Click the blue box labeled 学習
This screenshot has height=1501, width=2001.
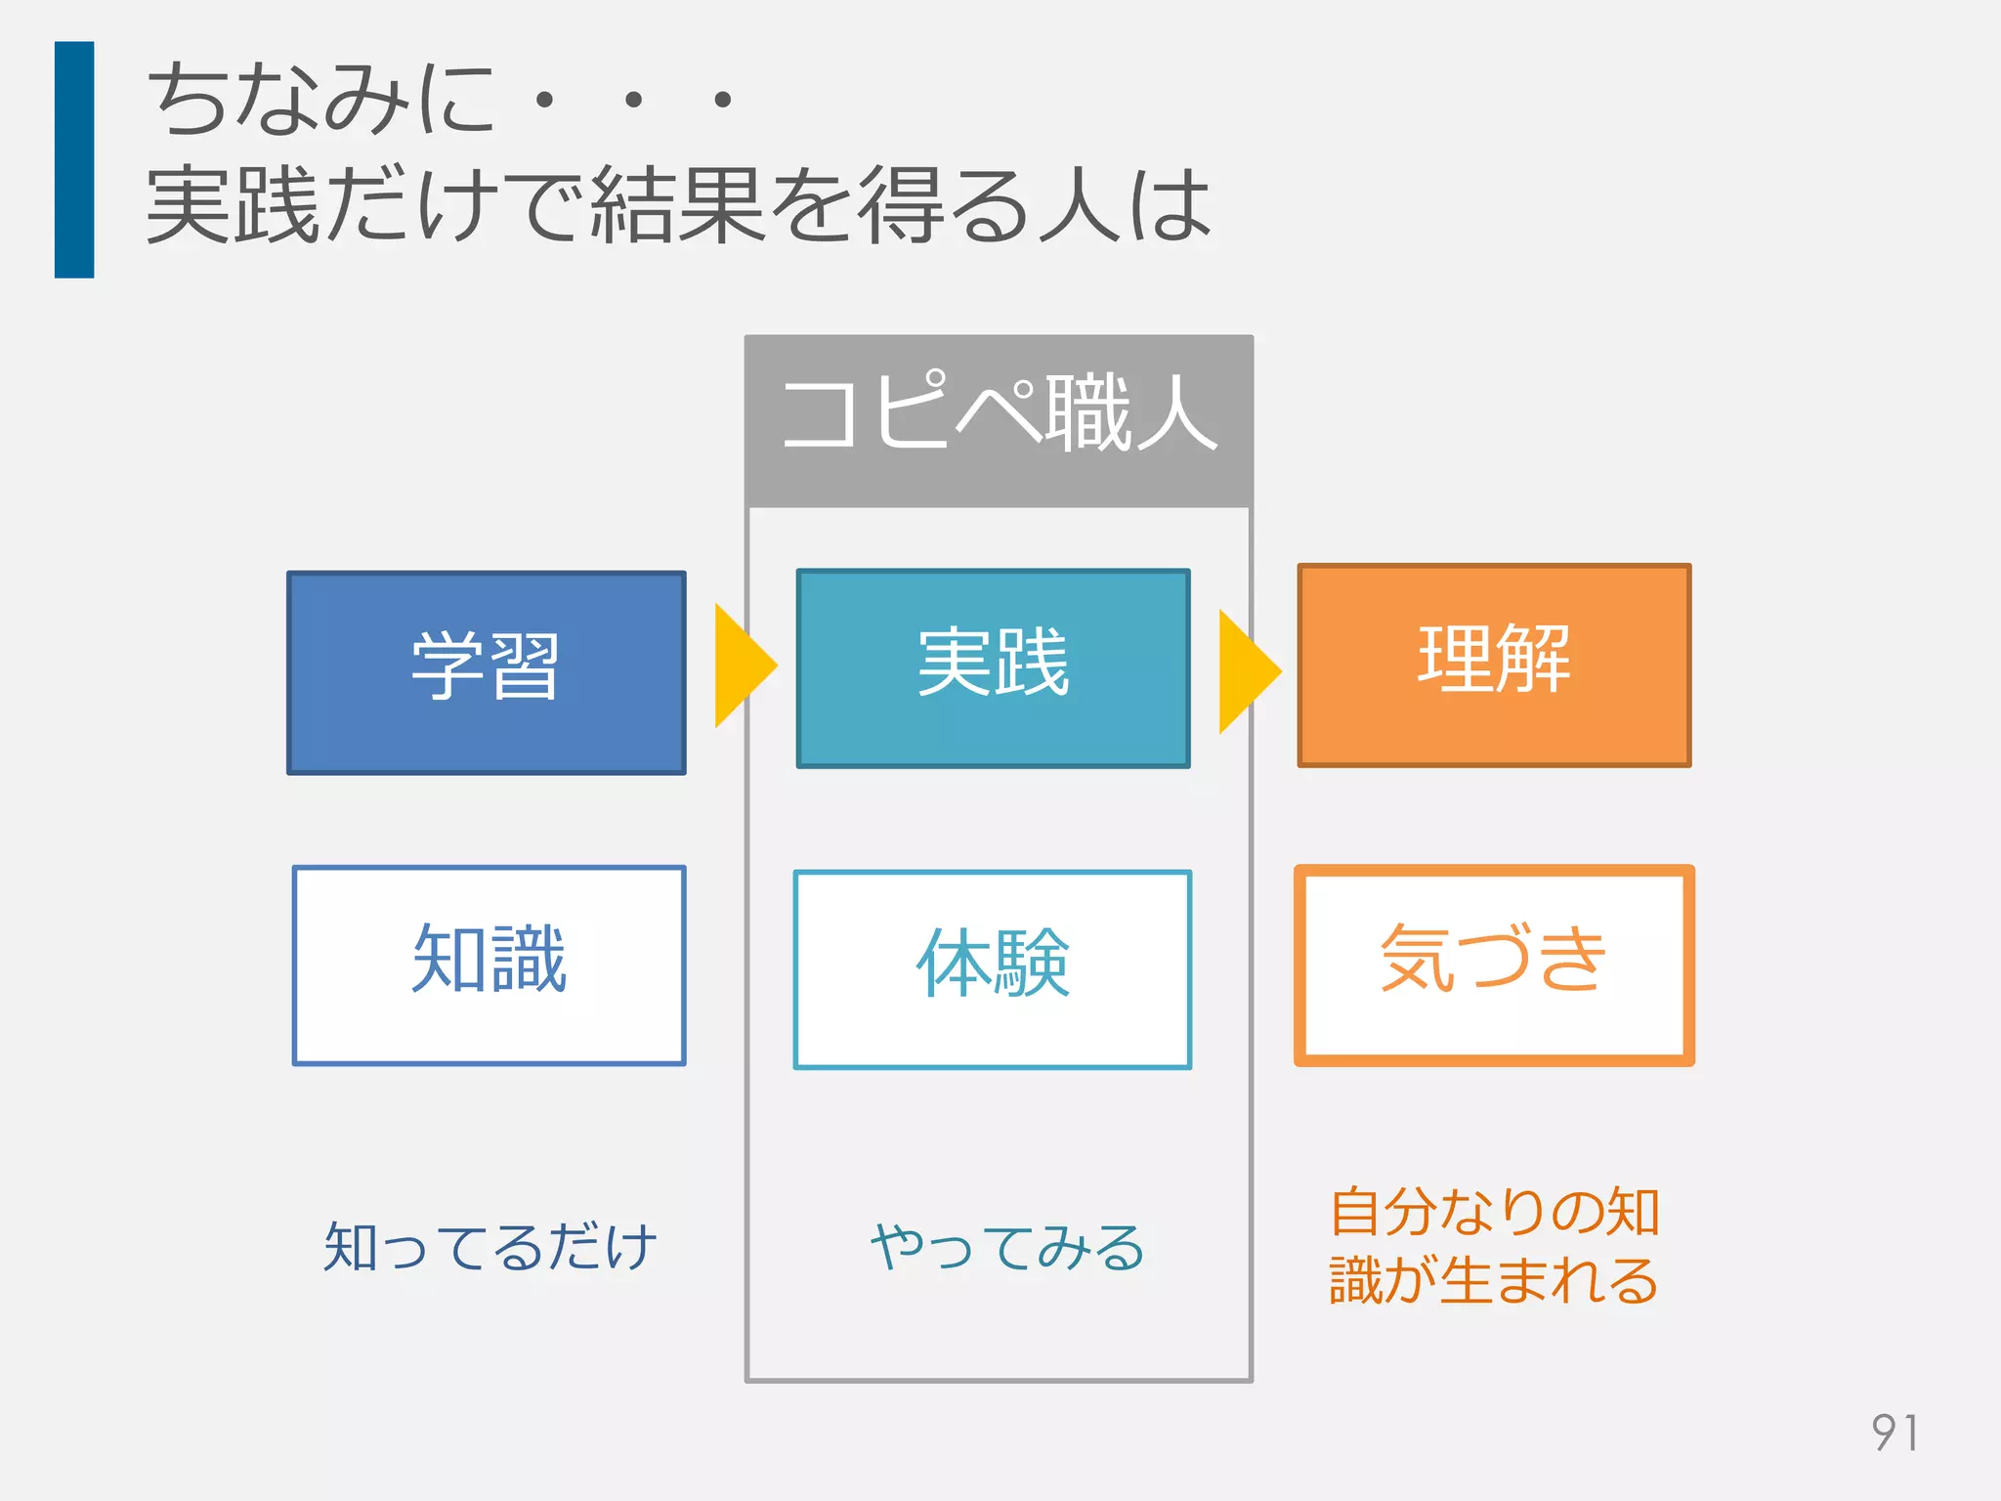[x=487, y=673]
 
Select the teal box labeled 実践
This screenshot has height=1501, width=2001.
[x=993, y=668]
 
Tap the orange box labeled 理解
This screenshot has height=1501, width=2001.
[x=1494, y=665]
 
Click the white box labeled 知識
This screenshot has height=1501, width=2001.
[x=489, y=965]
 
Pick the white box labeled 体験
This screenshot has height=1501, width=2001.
[x=993, y=969]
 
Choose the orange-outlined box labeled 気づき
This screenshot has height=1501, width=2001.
[x=1494, y=965]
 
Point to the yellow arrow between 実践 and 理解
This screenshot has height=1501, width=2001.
[x=1247, y=671]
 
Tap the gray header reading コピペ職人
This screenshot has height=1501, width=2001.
[x=999, y=420]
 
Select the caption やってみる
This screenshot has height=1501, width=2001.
[x=1006, y=1248]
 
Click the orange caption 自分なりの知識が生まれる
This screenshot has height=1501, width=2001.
[x=1494, y=1245]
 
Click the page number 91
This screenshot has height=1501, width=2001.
[x=1895, y=1433]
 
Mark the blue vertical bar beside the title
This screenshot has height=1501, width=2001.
[x=74, y=159]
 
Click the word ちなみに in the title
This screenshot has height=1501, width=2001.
[x=322, y=98]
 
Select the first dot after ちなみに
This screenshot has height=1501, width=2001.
[x=545, y=99]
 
